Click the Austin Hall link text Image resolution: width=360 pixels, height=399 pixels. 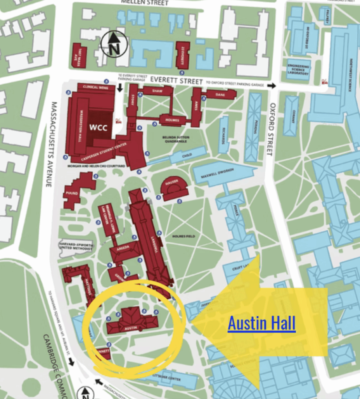tap(261, 323)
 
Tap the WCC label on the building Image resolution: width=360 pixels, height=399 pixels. tap(98, 127)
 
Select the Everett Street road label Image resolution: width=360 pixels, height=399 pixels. tap(176, 81)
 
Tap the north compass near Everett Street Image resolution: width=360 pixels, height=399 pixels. tap(114, 44)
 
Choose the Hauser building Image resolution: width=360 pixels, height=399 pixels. tap(175, 188)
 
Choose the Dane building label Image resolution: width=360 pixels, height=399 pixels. tap(220, 94)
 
